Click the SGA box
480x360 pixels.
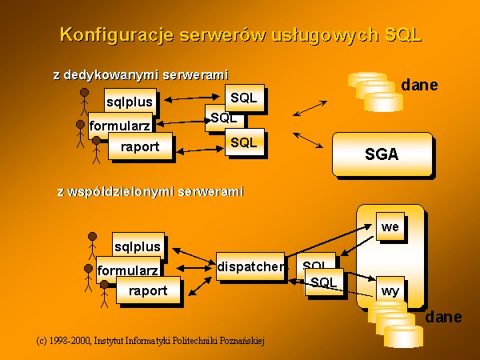(382, 154)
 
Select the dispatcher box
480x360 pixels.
(250, 266)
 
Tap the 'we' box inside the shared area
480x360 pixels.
(390, 226)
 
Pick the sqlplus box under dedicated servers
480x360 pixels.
(130, 102)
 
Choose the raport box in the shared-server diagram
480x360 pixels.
(148, 290)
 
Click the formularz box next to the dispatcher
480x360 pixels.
(128, 270)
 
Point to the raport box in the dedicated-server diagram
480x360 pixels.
(140, 146)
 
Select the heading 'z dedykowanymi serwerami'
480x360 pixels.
(141, 74)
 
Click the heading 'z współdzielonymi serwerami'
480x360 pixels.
(150, 192)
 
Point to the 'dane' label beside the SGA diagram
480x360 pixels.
(419, 85)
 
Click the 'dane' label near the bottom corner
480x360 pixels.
(443, 317)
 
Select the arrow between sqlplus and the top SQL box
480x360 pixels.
(192, 98)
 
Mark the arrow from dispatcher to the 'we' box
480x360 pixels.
(329, 240)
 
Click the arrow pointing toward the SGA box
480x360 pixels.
(308, 140)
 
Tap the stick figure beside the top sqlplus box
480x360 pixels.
(84, 102)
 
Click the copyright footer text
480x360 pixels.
(150, 341)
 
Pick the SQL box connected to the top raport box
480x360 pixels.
(245, 142)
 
